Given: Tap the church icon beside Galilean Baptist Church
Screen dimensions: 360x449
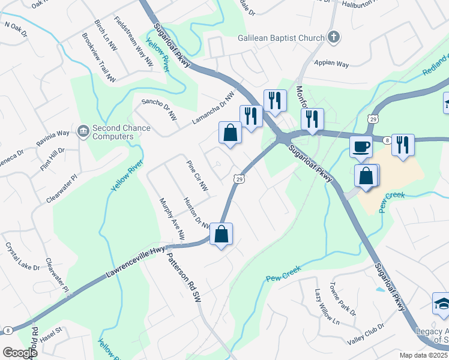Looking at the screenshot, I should [x=335, y=38].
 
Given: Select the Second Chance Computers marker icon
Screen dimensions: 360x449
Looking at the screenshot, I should [x=83, y=130].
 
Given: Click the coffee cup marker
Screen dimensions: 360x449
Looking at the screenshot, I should [x=361, y=146].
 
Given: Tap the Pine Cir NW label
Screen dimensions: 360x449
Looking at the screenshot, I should [x=197, y=177].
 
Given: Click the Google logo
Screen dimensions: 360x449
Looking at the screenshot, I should [x=20, y=352].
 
